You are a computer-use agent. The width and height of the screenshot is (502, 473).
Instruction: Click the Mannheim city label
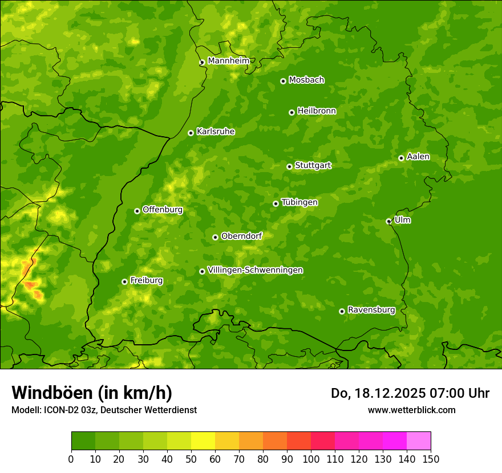tap(228, 61)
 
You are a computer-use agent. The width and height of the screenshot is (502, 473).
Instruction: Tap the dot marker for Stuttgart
tap(289, 166)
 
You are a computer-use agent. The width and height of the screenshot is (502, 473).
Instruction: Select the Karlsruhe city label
tap(216, 132)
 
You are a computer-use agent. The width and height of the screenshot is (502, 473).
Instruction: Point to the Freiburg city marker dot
tap(124, 282)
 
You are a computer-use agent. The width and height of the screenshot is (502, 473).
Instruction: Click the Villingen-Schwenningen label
tap(256, 270)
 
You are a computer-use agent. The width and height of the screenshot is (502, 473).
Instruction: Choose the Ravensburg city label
tap(371, 310)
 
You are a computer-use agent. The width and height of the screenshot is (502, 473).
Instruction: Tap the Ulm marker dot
tap(388, 221)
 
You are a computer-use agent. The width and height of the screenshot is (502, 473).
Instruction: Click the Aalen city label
tap(418, 157)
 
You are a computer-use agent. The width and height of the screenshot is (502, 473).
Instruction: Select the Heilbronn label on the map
tap(317, 111)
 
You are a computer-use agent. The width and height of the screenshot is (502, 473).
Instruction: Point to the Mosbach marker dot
tap(283, 81)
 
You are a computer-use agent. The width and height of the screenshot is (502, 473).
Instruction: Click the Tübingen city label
tap(299, 202)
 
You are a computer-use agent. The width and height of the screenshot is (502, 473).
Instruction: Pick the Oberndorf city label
tap(242, 236)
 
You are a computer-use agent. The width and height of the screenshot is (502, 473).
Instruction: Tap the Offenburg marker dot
tap(137, 211)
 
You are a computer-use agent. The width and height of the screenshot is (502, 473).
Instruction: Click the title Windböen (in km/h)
tap(92, 393)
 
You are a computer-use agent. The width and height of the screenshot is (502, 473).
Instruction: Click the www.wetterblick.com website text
tap(412, 410)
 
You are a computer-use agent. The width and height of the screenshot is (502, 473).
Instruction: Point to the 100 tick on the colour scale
tap(311, 459)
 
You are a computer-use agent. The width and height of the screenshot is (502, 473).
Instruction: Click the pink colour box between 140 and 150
tap(419, 441)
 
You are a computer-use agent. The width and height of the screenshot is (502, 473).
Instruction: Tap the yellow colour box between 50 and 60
tap(203, 441)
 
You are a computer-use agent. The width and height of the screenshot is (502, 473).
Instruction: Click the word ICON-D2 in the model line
tap(59, 410)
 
